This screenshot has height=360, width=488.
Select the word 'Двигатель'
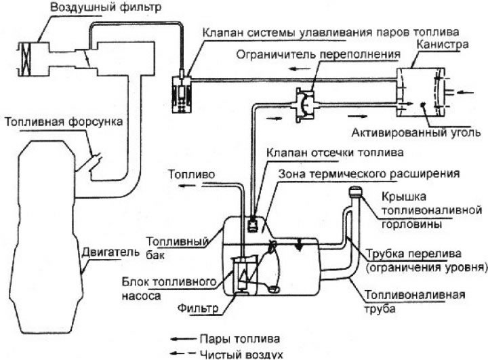[x=105, y=250]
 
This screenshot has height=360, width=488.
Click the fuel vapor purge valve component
[x=181, y=90]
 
